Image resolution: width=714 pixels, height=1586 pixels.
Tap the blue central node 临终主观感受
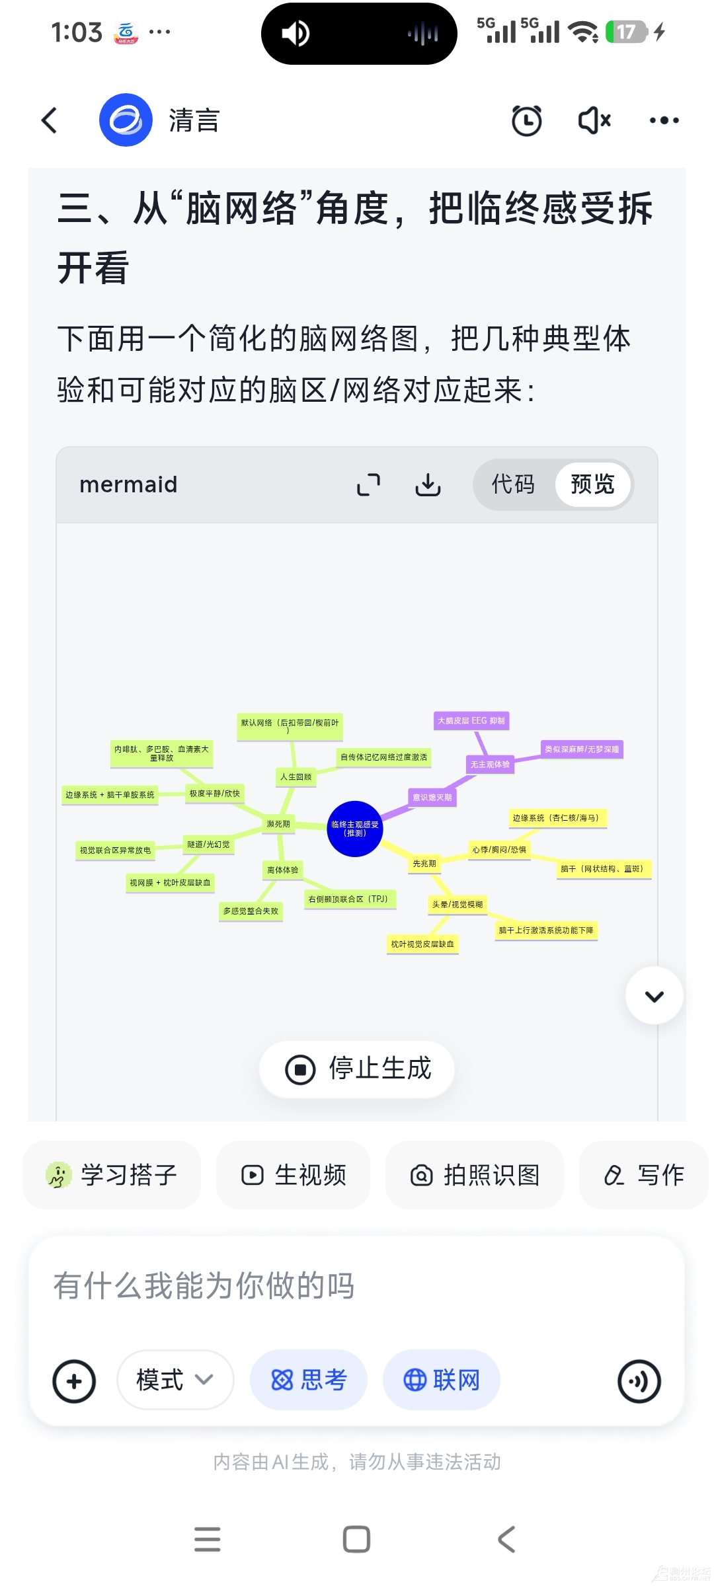point(355,829)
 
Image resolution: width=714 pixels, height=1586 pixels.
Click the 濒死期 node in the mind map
point(278,824)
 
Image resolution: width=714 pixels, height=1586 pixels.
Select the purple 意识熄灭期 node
point(432,798)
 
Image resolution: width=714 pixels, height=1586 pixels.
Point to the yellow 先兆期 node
point(424,864)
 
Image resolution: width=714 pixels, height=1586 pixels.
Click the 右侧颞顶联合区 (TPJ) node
point(348,899)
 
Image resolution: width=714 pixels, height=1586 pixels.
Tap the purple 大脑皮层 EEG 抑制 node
point(471,721)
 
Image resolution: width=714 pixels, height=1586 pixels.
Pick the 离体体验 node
point(283,870)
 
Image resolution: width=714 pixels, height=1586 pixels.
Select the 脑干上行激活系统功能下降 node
point(546,930)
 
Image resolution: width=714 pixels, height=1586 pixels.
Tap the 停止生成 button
point(358,1069)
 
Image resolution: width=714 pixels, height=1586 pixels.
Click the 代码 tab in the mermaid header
point(513,484)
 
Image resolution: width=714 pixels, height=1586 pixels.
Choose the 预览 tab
point(592,484)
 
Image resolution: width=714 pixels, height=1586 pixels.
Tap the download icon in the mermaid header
point(428,484)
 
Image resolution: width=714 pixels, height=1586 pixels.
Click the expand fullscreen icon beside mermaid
point(368,484)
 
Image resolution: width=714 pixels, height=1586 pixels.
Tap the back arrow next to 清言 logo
point(50,120)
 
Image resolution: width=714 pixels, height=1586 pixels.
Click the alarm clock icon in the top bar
point(526,120)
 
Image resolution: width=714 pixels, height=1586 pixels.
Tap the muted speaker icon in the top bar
point(594,120)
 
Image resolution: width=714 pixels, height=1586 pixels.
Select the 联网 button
point(442,1380)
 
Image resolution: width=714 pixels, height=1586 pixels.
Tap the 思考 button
point(309,1380)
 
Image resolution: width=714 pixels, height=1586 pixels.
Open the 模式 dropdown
point(175,1380)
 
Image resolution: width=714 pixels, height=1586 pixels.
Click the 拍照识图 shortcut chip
point(475,1175)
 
